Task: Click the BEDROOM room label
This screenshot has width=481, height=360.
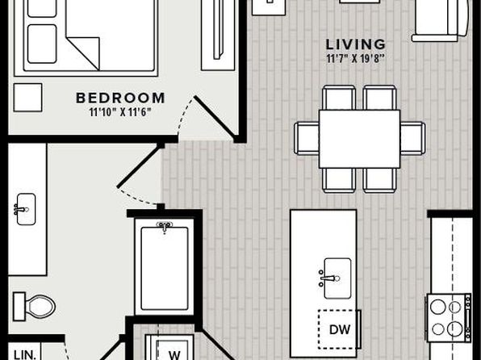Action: [120, 98]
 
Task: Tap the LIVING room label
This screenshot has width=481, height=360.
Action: [356, 44]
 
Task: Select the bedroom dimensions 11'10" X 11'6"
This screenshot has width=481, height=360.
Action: [120, 112]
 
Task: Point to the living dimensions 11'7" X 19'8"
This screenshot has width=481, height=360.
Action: [356, 58]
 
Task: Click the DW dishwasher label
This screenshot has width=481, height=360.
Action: [340, 329]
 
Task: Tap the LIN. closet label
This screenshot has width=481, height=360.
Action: [25, 355]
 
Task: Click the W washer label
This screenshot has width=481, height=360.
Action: [174, 355]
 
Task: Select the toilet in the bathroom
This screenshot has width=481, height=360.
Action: [34, 306]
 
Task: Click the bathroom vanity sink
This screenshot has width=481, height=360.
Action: [25, 209]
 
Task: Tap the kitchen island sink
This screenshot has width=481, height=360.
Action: [337, 278]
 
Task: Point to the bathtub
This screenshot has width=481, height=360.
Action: [165, 267]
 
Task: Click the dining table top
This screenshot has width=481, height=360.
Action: [359, 139]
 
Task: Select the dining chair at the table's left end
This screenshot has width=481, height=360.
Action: [307, 138]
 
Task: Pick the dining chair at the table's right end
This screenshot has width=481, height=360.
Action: [413, 138]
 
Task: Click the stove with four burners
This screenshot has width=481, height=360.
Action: [448, 318]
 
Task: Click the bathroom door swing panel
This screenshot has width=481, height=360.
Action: [140, 167]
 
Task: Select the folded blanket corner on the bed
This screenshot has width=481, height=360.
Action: [83, 53]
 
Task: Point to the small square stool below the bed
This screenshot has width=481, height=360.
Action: [27, 98]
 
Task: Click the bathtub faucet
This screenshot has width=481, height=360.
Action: [165, 227]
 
